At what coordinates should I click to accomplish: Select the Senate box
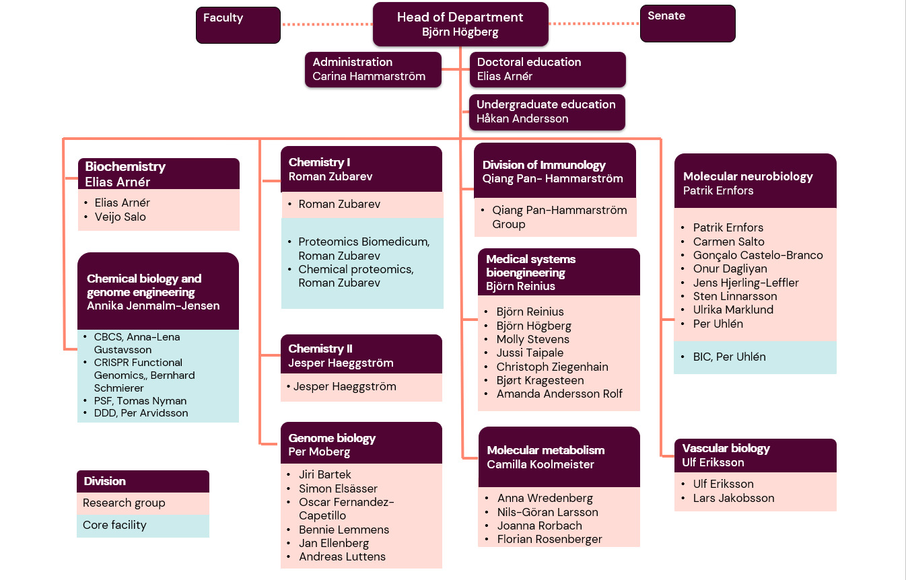click(687, 24)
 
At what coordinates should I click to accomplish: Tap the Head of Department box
click(460, 24)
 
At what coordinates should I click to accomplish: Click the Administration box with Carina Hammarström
click(373, 69)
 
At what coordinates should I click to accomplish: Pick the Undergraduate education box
click(547, 112)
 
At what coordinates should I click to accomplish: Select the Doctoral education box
click(547, 69)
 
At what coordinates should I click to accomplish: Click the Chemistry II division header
click(361, 355)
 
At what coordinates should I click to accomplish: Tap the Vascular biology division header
click(755, 456)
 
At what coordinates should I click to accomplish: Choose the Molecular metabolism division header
click(559, 457)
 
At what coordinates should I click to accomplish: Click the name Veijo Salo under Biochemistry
click(120, 217)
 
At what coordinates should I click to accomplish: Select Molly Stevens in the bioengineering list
click(532, 339)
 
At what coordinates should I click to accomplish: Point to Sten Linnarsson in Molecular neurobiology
click(734, 296)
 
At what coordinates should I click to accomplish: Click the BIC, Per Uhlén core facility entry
click(729, 357)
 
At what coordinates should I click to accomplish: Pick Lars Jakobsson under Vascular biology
click(733, 498)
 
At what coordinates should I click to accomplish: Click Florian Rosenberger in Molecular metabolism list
click(549, 539)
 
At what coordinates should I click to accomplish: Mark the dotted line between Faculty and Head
click(326, 24)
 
